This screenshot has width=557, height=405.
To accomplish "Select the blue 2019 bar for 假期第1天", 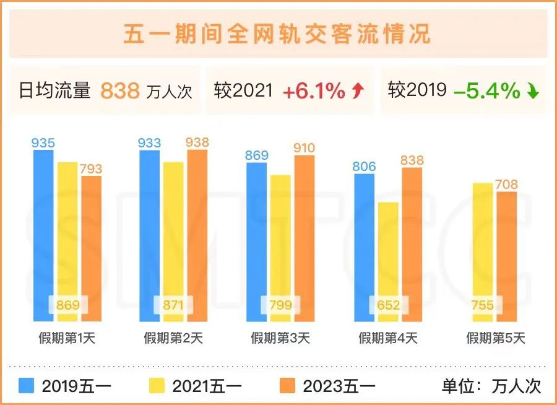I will [x=43, y=235].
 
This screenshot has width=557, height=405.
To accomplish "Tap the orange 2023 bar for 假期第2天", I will [x=197, y=235].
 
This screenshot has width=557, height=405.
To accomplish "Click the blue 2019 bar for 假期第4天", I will [x=365, y=248].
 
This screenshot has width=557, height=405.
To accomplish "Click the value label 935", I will [x=43, y=143].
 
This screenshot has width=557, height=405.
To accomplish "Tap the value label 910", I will [x=304, y=148].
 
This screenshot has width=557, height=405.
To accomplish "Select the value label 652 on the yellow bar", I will [x=388, y=305].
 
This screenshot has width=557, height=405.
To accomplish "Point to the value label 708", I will [x=506, y=185].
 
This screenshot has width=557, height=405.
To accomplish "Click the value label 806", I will [x=365, y=167].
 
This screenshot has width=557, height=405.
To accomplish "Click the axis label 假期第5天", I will [x=495, y=338].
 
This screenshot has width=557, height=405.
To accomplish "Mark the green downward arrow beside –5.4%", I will [x=533, y=92].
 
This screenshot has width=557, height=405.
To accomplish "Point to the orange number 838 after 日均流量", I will [x=120, y=91].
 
